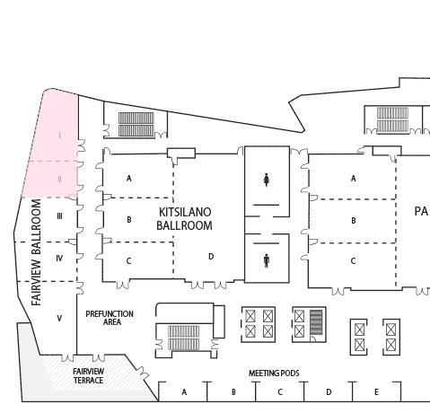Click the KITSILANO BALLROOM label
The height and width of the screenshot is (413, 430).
point(184,218)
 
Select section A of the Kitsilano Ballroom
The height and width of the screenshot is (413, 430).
point(129,178)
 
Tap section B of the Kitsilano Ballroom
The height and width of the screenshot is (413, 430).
point(129,219)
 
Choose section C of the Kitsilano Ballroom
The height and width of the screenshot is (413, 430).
point(129,260)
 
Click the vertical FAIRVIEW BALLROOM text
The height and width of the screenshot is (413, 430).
point(37,252)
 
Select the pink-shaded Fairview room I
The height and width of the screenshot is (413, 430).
point(59,135)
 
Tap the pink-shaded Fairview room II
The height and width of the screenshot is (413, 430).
point(59,179)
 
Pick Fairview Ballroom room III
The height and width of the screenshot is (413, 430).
point(59,216)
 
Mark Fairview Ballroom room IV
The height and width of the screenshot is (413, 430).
point(59,259)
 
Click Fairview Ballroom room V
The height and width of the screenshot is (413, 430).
point(59,318)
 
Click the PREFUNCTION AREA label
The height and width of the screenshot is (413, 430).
point(111,318)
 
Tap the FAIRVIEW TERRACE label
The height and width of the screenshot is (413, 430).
point(88,376)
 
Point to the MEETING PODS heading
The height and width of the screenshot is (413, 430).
point(274,373)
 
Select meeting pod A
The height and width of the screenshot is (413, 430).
point(184,392)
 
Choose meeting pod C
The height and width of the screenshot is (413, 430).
point(280,392)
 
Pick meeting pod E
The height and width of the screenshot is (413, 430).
point(375,392)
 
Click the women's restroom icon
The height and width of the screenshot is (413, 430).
point(267,180)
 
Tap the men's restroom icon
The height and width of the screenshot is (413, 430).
point(267,260)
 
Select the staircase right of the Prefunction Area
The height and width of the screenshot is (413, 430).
point(184,338)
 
